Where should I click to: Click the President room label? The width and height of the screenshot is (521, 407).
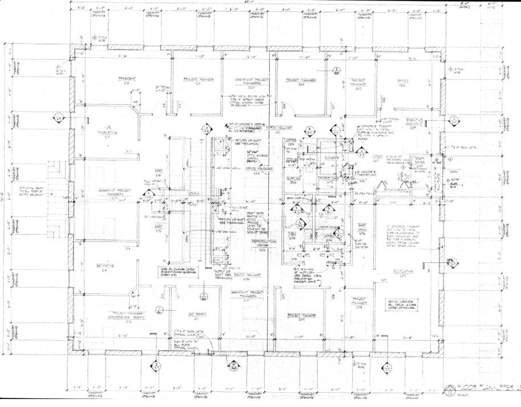[126, 79]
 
